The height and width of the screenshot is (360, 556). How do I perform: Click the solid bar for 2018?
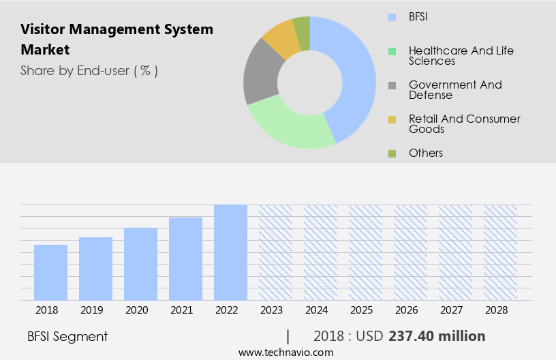(x=50, y=272)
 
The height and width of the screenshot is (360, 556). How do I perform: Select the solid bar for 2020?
(x=140, y=264)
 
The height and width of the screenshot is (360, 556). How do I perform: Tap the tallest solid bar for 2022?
(x=230, y=252)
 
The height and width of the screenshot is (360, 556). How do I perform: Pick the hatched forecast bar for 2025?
(x=365, y=252)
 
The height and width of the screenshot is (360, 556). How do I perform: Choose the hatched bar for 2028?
(x=500, y=252)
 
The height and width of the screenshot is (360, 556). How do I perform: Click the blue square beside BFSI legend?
(x=392, y=17)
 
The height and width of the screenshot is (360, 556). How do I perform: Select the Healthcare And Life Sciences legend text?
(x=461, y=56)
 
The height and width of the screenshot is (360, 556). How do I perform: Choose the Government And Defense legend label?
(x=454, y=90)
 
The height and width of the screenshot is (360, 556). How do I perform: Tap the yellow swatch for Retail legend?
(x=392, y=120)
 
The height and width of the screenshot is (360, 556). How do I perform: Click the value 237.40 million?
(x=437, y=336)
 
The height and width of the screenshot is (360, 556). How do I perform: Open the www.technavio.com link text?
(x=285, y=352)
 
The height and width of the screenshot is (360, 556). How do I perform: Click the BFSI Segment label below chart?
(x=67, y=336)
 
